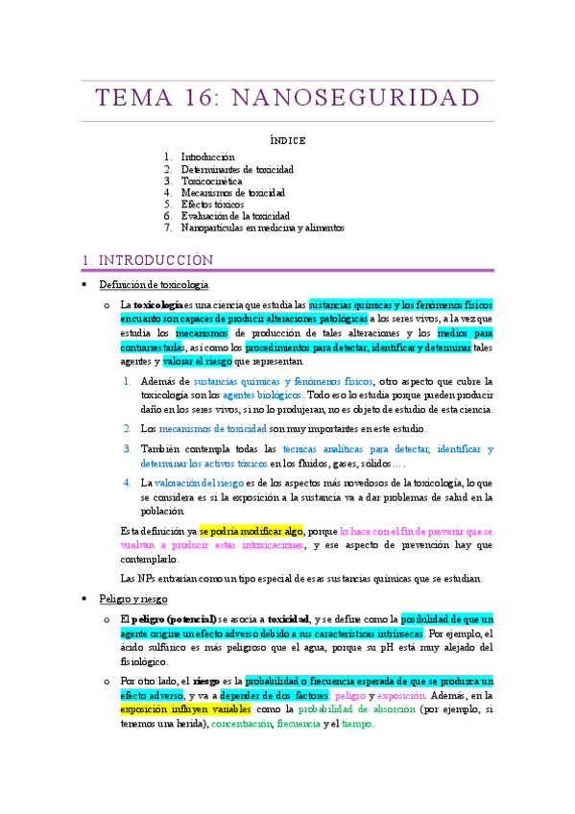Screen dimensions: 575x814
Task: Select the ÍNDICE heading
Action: (x=287, y=140)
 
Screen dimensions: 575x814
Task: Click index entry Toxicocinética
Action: (x=211, y=180)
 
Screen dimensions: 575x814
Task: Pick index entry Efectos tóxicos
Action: (x=213, y=204)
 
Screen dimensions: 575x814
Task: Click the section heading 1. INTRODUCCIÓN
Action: (x=147, y=260)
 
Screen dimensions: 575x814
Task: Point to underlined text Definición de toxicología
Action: (x=154, y=285)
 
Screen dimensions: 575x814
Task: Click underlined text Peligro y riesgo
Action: (x=133, y=599)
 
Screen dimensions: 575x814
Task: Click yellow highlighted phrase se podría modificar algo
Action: (x=252, y=531)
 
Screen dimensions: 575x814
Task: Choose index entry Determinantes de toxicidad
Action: (x=237, y=169)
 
